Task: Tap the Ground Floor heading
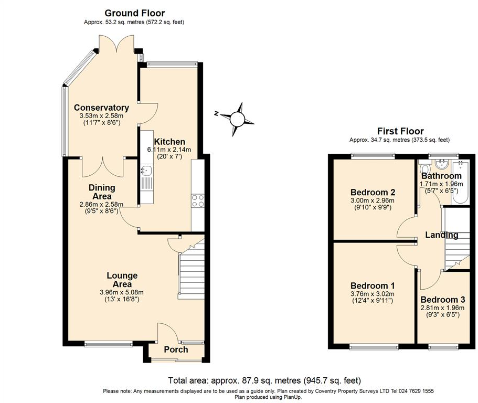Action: point(134,13)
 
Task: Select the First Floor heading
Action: point(400,131)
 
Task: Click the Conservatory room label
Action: point(101,108)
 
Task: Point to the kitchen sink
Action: point(145,170)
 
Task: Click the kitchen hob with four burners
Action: point(198,201)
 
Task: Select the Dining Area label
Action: point(102,192)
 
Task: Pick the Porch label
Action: point(176,349)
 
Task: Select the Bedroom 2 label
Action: point(373,192)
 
